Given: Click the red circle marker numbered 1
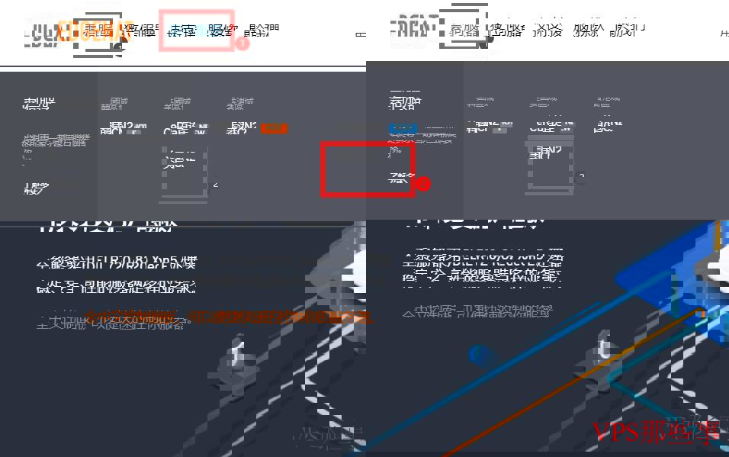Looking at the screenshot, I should [x=242, y=43].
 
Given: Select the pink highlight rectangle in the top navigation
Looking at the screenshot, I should [x=196, y=31].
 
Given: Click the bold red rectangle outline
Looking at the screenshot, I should [x=368, y=169].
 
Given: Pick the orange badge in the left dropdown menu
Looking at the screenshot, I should [x=275, y=128].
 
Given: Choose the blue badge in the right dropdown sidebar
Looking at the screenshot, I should [x=402, y=128].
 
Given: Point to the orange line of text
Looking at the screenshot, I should [x=229, y=317].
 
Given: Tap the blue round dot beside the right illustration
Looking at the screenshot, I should [x=479, y=355].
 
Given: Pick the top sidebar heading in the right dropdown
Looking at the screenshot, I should [x=405, y=103].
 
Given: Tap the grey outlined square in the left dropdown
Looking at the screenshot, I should [x=185, y=173].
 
